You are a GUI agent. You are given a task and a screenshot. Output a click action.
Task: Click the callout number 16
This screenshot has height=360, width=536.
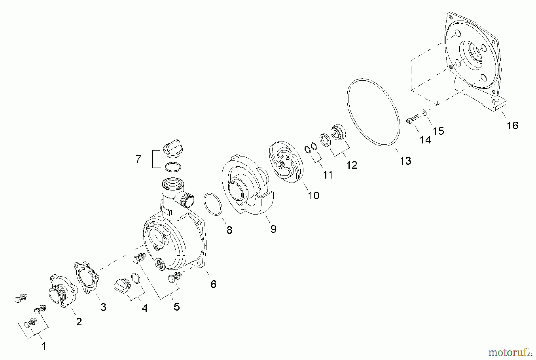tap(512, 125)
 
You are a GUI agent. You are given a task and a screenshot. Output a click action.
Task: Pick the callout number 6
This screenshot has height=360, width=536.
tap(213, 284)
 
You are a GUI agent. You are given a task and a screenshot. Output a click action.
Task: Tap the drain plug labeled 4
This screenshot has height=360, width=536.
tap(121, 285)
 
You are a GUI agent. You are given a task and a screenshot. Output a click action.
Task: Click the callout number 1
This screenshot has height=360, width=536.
tap(44, 346)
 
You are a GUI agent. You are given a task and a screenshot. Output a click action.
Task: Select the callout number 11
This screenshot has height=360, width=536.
tap(328, 175)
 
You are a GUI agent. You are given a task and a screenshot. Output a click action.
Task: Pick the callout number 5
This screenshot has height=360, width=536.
tap(177, 306)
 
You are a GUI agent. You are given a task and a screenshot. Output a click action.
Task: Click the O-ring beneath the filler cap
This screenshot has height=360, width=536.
tap(173, 167)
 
